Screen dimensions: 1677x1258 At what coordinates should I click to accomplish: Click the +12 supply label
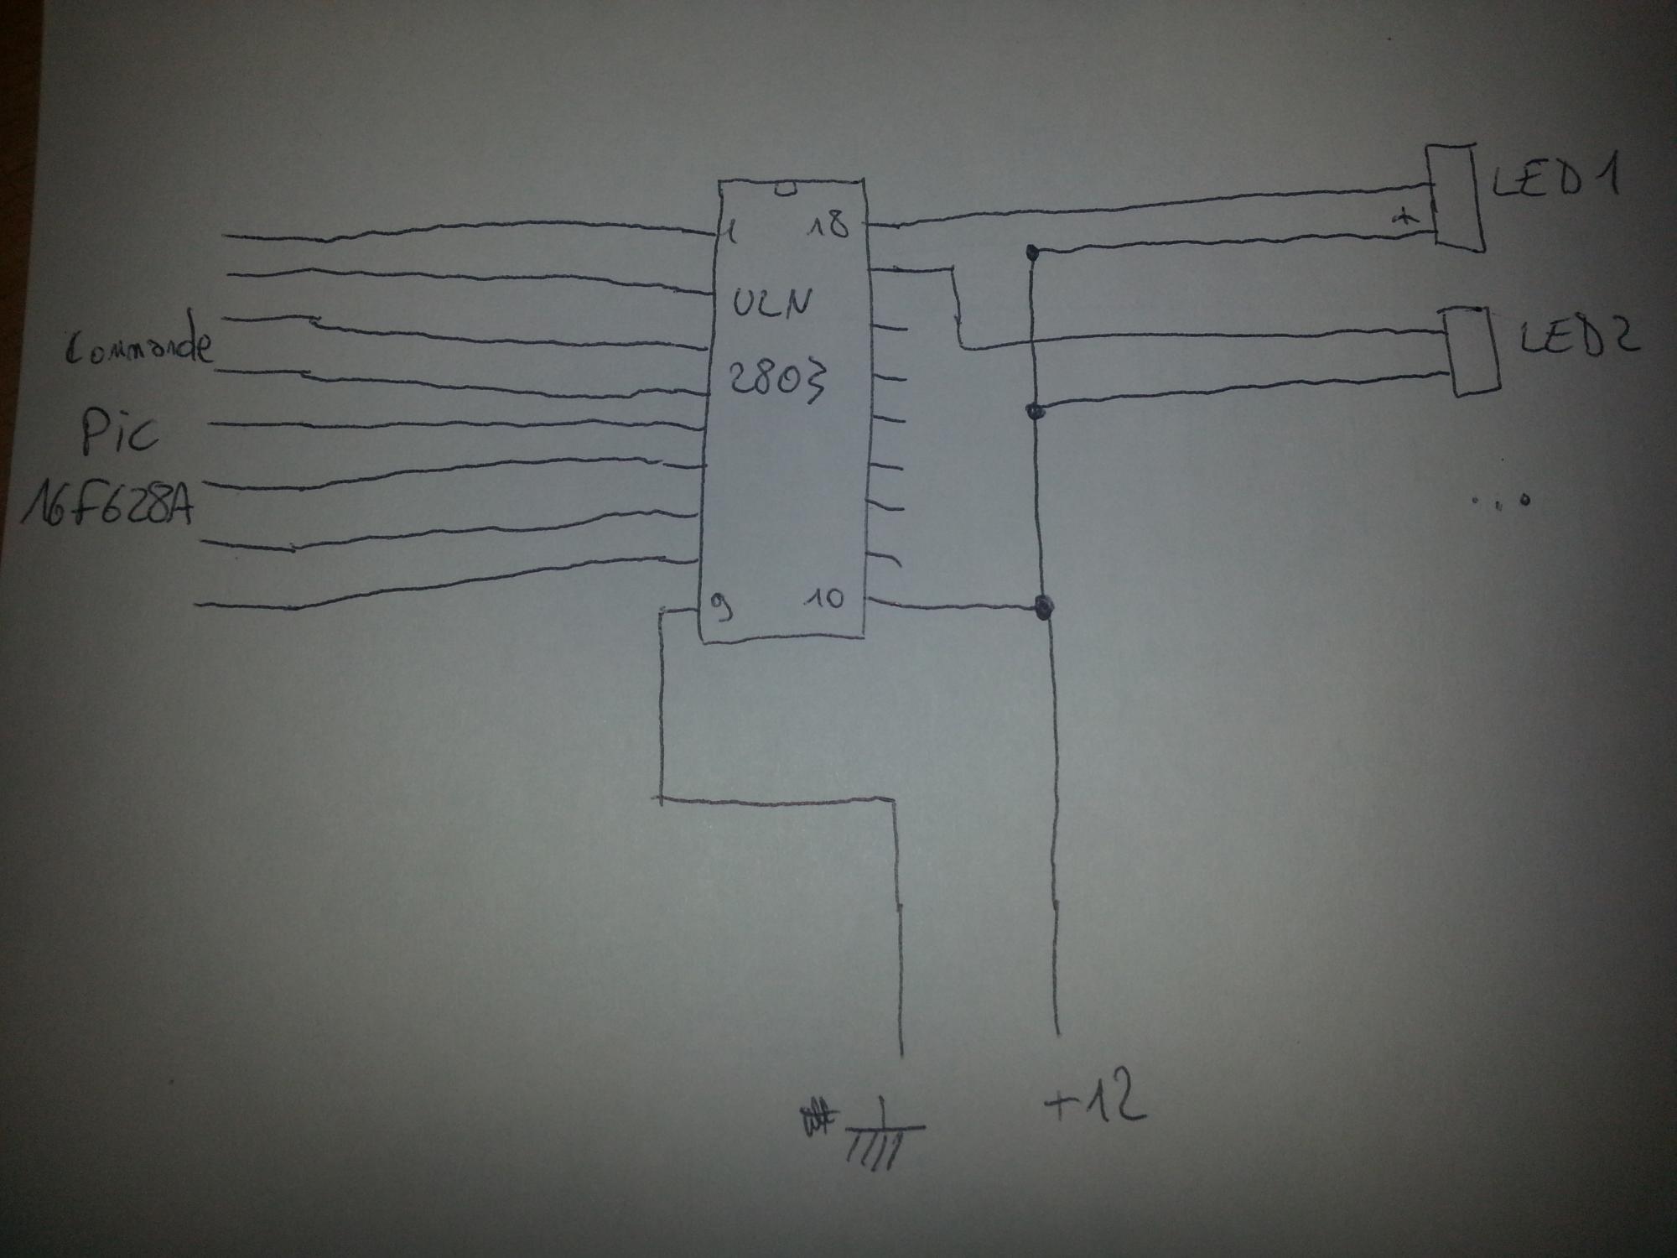[x=1095, y=1102]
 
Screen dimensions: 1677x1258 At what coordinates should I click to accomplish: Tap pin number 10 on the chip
[x=823, y=599]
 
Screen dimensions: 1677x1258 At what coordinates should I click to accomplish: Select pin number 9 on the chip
[x=720, y=606]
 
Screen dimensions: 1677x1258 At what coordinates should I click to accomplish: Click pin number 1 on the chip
[x=731, y=230]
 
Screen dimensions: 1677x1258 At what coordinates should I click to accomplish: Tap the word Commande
[x=138, y=346]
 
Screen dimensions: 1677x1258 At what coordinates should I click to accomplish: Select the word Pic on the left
[x=119, y=432]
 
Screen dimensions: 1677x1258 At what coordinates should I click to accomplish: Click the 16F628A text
[x=107, y=506]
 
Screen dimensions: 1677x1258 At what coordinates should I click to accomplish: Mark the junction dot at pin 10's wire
[x=1043, y=606]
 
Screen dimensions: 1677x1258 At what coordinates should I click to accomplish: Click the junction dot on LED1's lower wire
[x=1033, y=251]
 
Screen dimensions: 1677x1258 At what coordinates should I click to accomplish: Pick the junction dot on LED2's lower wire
[x=1035, y=410]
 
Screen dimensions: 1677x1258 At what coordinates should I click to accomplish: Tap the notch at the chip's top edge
[x=784, y=190]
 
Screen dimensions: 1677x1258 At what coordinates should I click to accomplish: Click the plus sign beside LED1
[x=1403, y=218]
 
